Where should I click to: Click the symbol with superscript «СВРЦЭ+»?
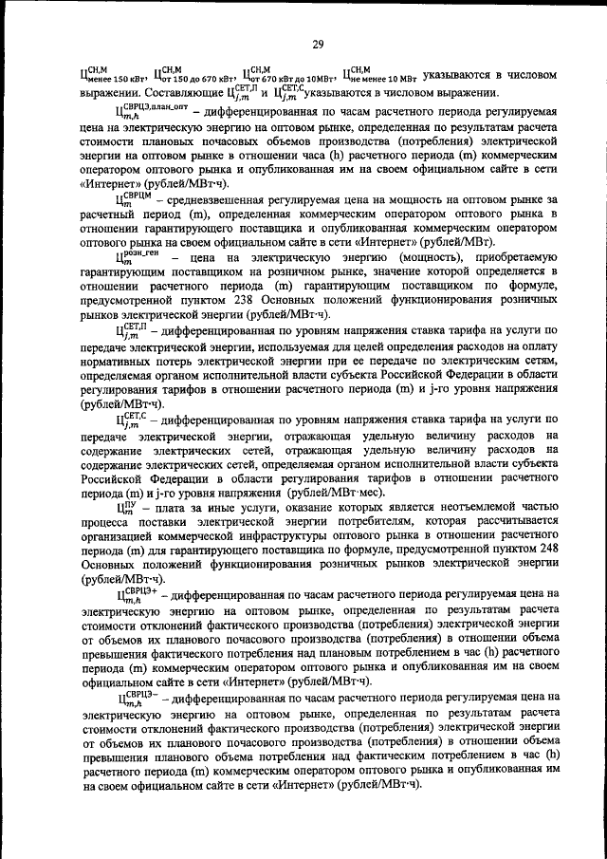(x=137, y=595)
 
